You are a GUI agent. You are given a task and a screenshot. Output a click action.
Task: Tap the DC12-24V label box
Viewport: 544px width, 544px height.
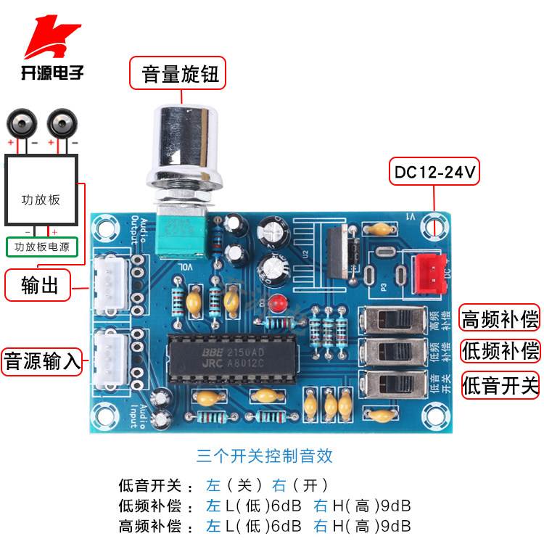coord(434,172)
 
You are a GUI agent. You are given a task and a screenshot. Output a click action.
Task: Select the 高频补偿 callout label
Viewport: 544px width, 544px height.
coord(500,318)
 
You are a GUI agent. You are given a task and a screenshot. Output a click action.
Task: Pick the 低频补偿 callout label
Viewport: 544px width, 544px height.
coord(500,351)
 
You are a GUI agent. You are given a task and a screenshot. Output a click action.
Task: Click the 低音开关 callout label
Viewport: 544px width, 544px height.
coord(500,384)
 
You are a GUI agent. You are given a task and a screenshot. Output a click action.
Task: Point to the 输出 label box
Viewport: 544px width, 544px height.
coord(40,285)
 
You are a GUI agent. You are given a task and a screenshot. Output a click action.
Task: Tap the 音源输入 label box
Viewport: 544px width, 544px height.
coord(42,360)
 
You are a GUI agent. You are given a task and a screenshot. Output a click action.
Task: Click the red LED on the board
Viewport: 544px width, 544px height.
coord(273,302)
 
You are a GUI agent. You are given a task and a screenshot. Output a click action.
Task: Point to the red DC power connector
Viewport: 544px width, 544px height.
coord(429,274)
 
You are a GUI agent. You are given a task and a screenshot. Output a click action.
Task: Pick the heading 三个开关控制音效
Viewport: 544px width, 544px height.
coord(264,456)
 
